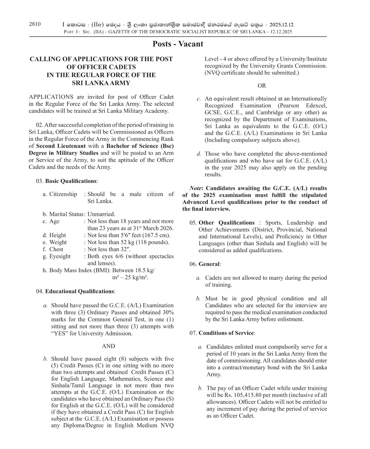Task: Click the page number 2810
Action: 35,24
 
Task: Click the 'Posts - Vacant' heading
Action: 178,44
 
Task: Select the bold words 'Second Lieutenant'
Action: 61,146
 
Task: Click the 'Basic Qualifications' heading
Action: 71,181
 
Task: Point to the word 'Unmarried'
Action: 101,214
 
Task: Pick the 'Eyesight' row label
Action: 60,256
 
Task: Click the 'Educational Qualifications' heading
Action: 80,291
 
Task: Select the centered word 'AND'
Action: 109,346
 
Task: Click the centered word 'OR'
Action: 261,86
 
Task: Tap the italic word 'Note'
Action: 196,188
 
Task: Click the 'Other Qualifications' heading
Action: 226,223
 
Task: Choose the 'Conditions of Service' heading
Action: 226,333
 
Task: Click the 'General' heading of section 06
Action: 209,264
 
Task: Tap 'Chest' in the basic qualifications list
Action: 56,249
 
